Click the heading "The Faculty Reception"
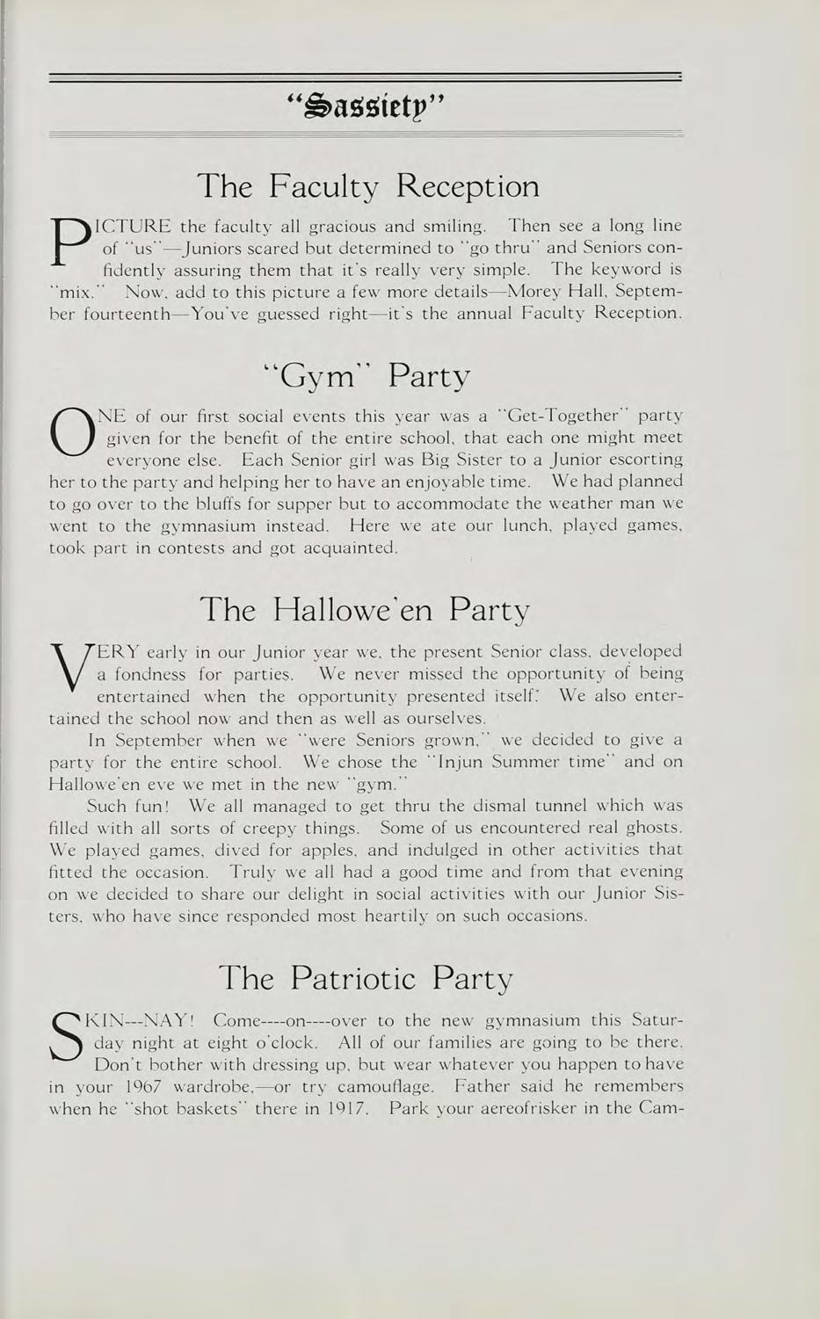[367, 186]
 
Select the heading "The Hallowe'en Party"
[366, 609]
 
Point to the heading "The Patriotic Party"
[366, 977]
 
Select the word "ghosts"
[654, 827]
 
